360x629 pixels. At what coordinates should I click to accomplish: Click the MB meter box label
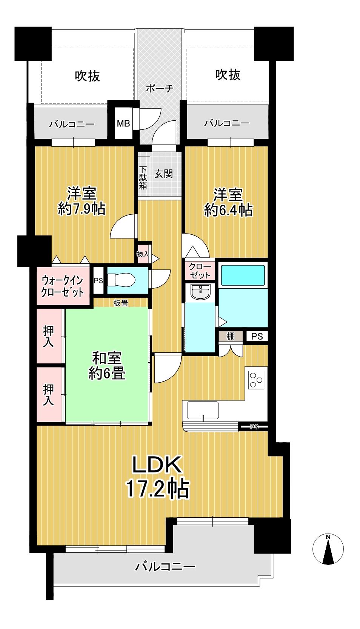click(x=123, y=123)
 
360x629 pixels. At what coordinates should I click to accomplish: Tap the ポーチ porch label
click(x=160, y=88)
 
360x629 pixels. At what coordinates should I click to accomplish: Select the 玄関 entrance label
click(x=163, y=174)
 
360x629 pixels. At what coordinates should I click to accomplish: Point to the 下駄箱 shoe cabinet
click(x=143, y=178)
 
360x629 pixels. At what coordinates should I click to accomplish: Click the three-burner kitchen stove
click(x=256, y=380)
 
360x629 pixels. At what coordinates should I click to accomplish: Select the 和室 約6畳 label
click(x=107, y=366)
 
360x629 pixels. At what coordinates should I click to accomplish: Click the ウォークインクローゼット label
click(x=62, y=286)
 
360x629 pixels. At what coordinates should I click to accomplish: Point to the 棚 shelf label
click(x=231, y=336)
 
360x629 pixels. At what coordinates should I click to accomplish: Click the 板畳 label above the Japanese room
click(x=121, y=303)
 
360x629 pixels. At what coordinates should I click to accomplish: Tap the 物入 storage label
click(x=143, y=254)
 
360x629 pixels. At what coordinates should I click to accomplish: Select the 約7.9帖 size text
click(x=82, y=209)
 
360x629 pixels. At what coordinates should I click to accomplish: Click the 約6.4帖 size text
click(x=228, y=210)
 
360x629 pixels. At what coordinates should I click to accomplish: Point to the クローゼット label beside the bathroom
click(x=200, y=271)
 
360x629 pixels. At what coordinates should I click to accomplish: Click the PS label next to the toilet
click(x=98, y=281)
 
